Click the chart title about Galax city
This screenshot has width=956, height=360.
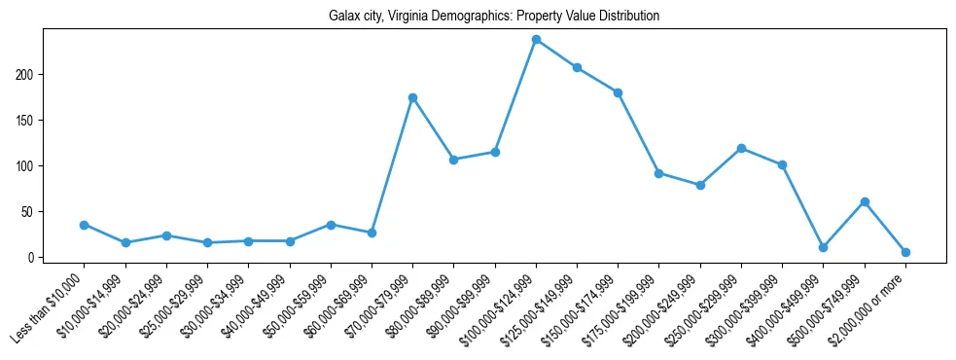(x=478, y=17)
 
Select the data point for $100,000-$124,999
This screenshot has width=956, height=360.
(x=536, y=40)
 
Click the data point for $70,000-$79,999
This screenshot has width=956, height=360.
(x=412, y=97)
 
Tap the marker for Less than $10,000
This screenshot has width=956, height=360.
(x=85, y=225)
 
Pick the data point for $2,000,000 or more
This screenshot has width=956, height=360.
(x=905, y=252)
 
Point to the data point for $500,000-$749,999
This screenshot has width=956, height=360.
(x=865, y=201)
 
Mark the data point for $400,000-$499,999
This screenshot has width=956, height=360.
(x=823, y=247)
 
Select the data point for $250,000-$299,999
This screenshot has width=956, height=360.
(x=741, y=148)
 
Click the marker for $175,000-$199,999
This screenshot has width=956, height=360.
(x=658, y=173)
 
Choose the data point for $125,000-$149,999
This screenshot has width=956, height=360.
(x=577, y=67)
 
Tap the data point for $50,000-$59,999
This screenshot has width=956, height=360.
(x=331, y=225)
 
